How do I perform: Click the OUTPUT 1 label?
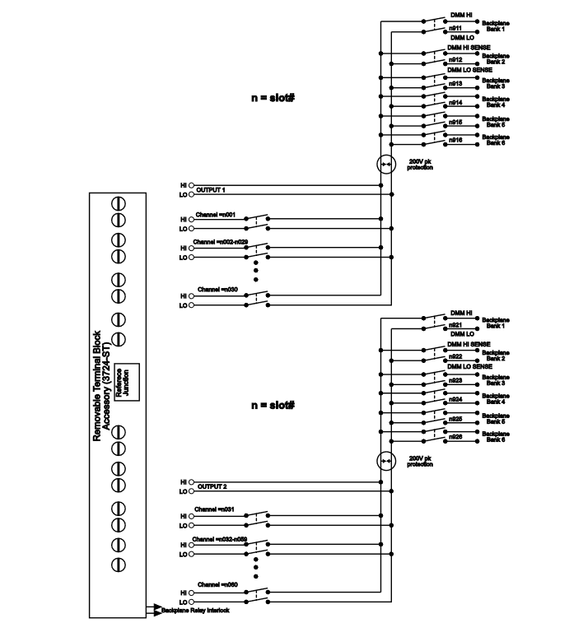coord(211,188)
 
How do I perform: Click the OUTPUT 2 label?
coord(211,486)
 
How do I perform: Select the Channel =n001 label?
coord(216,214)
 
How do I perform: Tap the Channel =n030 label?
coord(216,289)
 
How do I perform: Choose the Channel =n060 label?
coord(216,585)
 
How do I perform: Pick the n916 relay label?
coord(455,142)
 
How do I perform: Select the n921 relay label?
coord(455,325)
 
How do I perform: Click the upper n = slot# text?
coord(273,96)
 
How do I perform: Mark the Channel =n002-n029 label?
coord(220,244)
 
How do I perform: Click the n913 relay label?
coord(455,83)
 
